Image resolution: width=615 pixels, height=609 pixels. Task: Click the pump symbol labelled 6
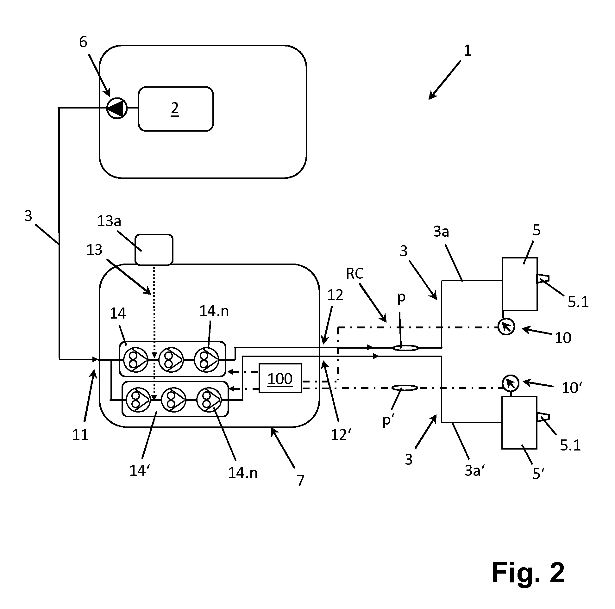pyautogui.click(x=116, y=109)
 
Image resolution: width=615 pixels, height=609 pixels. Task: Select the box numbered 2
pyautogui.click(x=176, y=109)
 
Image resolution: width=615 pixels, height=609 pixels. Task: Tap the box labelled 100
pyautogui.click(x=280, y=378)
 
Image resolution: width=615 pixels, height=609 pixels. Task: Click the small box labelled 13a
pyautogui.click(x=154, y=250)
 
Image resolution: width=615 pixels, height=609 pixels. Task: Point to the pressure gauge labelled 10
pyautogui.click(x=506, y=327)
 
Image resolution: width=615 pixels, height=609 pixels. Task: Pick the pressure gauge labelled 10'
pyautogui.click(x=511, y=383)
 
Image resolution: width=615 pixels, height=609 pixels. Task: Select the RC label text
pyautogui.click(x=355, y=273)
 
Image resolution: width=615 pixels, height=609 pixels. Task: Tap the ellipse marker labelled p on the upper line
pyautogui.click(x=405, y=348)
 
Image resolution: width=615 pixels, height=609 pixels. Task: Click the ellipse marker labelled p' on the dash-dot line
pyautogui.click(x=405, y=388)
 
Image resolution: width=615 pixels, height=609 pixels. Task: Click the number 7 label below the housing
pyautogui.click(x=300, y=481)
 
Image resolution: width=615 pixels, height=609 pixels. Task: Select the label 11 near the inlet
pyautogui.click(x=80, y=435)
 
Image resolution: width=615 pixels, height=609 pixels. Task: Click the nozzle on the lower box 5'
pyautogui.click(x=543, y=417)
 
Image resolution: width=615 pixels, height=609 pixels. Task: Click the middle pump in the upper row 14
pyautogui.click(x=171, y=359)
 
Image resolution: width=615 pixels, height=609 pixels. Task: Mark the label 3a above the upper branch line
pyautogui.click(x=441, y=232)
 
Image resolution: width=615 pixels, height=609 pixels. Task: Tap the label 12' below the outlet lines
pyautogui.click(x=341, y=435)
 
